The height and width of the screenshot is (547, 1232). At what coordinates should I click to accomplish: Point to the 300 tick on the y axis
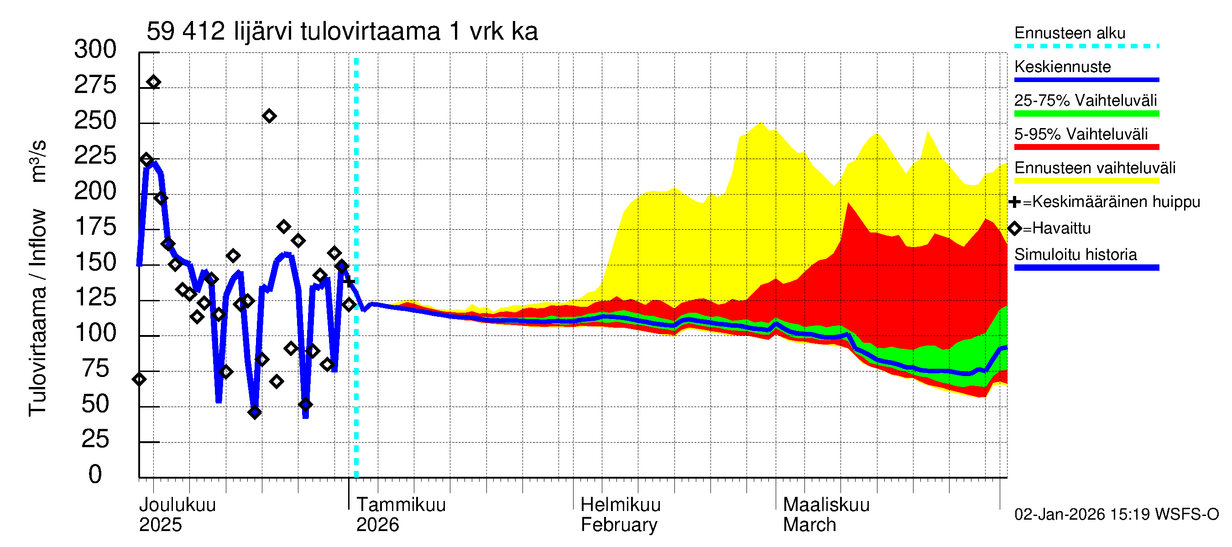[x=95, y=49]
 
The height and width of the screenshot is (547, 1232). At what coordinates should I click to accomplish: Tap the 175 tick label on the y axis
[x=95, y=227]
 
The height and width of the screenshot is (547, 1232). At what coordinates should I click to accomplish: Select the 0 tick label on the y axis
[x=95, y=475]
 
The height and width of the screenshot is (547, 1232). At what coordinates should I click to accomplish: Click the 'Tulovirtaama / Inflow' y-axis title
[x=37, y=312]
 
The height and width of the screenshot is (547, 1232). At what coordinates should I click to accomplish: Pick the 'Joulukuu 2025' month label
[x=177, y=515]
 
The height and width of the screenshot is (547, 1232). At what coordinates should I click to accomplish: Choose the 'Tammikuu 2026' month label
[x=401, y=515]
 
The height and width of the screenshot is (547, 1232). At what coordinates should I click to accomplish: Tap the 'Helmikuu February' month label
[x=620, y=515]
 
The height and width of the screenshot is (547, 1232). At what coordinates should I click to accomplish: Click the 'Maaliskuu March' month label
[x=826, y=515]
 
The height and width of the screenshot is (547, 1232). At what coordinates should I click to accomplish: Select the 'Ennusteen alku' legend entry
[x=1070, y=33]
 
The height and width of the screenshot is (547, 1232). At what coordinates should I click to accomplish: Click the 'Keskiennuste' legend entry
[x=1062, y=67]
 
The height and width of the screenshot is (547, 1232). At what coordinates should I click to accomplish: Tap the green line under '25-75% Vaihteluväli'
[x=1086, y=114]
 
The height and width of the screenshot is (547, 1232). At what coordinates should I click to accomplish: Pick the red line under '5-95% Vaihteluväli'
[x=1086, y=147]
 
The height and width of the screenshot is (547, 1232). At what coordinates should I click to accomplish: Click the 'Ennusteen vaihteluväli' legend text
[x=1094, y=168]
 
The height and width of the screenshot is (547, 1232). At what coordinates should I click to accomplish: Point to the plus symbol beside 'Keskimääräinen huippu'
[x=1014, y=202]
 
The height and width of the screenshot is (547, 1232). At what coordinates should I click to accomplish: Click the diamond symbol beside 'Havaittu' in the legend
[x=1014, y=229]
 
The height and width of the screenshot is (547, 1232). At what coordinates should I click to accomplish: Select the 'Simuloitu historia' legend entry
[x=1075, y=255]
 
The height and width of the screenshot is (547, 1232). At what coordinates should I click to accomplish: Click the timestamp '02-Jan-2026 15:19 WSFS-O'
[x=1116, y=515]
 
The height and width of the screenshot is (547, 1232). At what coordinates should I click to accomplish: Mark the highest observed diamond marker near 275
[x=153, y=82]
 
